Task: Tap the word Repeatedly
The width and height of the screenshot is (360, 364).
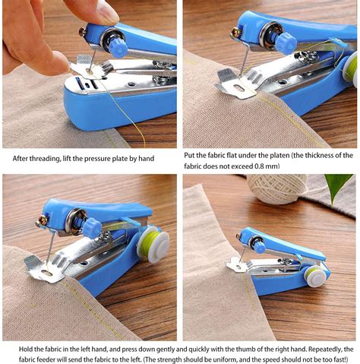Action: click(x=321, y=347)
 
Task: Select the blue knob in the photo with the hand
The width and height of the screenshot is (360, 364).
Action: click(x=117, y=45)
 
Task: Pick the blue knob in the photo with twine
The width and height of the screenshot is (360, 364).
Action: click(x=259, y=245)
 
